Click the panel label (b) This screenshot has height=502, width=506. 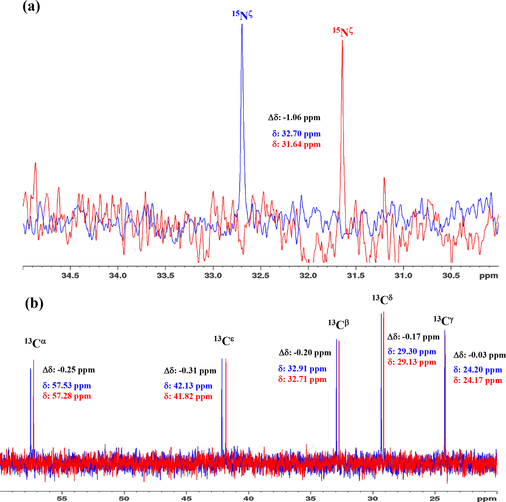(34, 304)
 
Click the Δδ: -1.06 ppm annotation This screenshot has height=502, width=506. (294, 117)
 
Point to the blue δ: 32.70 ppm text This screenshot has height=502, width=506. (296, 134)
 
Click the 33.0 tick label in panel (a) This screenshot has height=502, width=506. (213, 276)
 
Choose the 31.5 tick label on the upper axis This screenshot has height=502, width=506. (356, 276)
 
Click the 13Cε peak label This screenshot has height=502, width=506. (224, 341)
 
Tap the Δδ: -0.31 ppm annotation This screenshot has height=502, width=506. (190, 371)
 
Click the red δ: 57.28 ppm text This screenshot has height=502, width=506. (67, 396)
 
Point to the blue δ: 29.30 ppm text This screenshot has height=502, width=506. (412, 351)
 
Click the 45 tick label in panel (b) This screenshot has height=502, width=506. (186, 498)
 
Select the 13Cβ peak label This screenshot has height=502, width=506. (338, 325)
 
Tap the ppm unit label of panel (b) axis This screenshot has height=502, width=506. (487, 498)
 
